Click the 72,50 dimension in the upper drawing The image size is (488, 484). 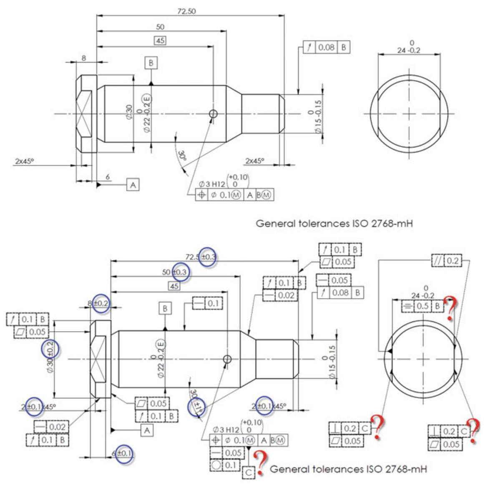click(x=186, y=11)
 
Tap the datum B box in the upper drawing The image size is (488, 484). click(x=151, y=63)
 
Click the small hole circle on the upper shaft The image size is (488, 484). click(x=214, y=114)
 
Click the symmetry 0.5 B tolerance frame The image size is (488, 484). click(x=421, y=306)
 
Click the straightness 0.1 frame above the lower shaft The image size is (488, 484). click(x=208, y=303)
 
